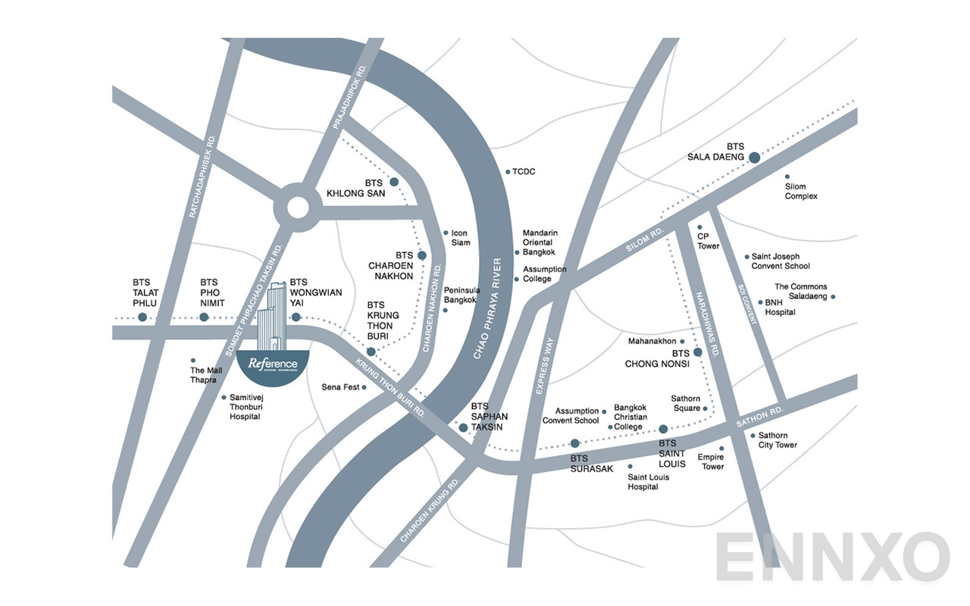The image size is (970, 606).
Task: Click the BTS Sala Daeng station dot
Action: point(754,158)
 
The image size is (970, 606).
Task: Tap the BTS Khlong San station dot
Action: point(394,182)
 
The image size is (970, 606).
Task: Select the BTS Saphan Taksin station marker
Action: point(463,428)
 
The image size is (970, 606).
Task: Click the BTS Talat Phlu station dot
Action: point(142,317)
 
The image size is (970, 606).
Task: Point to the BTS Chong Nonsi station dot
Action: point(698,352)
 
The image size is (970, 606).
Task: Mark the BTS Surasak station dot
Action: point(574,443)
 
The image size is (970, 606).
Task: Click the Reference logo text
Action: point(273,364)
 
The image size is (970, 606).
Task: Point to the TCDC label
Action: point(524,172)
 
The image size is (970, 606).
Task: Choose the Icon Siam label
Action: point(461,238)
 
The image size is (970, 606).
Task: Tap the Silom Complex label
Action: point(801,192)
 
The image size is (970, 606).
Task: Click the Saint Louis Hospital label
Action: point(643,482)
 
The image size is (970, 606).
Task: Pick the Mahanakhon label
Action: point(652,342)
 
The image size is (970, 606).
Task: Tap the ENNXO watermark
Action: point(831,558)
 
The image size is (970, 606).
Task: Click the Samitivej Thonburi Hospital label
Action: point(245,407)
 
